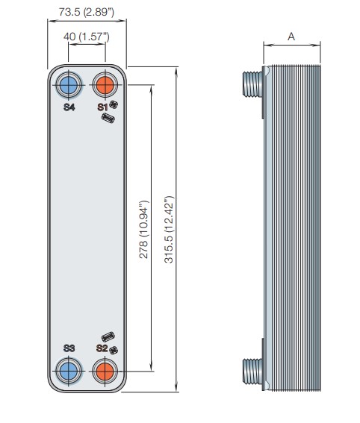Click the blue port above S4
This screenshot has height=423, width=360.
[x=68, y=85]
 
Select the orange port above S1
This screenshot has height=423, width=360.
[x=105, y=85]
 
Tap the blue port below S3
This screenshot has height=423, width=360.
[x=68, y=371]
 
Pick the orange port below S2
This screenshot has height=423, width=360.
[x=105, y=371]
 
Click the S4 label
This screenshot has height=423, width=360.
[x=69, y=107]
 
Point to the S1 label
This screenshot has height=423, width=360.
[x=102, y=107]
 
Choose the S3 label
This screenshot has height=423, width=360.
[x=69, y=348]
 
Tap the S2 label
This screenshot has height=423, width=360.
[x=102, y=348]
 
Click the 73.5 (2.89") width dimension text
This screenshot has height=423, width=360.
[x=87, y=12]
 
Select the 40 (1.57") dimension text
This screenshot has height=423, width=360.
[x=87, y=37]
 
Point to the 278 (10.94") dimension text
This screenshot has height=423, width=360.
[x=143, y=229]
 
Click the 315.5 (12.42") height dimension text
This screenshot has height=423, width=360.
[x=169, y=229]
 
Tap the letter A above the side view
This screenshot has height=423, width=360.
[x=291, y=37]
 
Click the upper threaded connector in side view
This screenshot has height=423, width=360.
[x=252, y=84]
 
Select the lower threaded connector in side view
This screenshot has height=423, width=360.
[x=252, y=372]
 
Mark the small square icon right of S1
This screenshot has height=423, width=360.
[x=114, y=104]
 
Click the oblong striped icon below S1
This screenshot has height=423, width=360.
[x=108, y=119]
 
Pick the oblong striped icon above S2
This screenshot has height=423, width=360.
[x=108, y=337]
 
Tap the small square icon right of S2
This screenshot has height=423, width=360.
[x=114, y=350]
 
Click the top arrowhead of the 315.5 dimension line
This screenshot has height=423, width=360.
[x=176, y=71]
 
